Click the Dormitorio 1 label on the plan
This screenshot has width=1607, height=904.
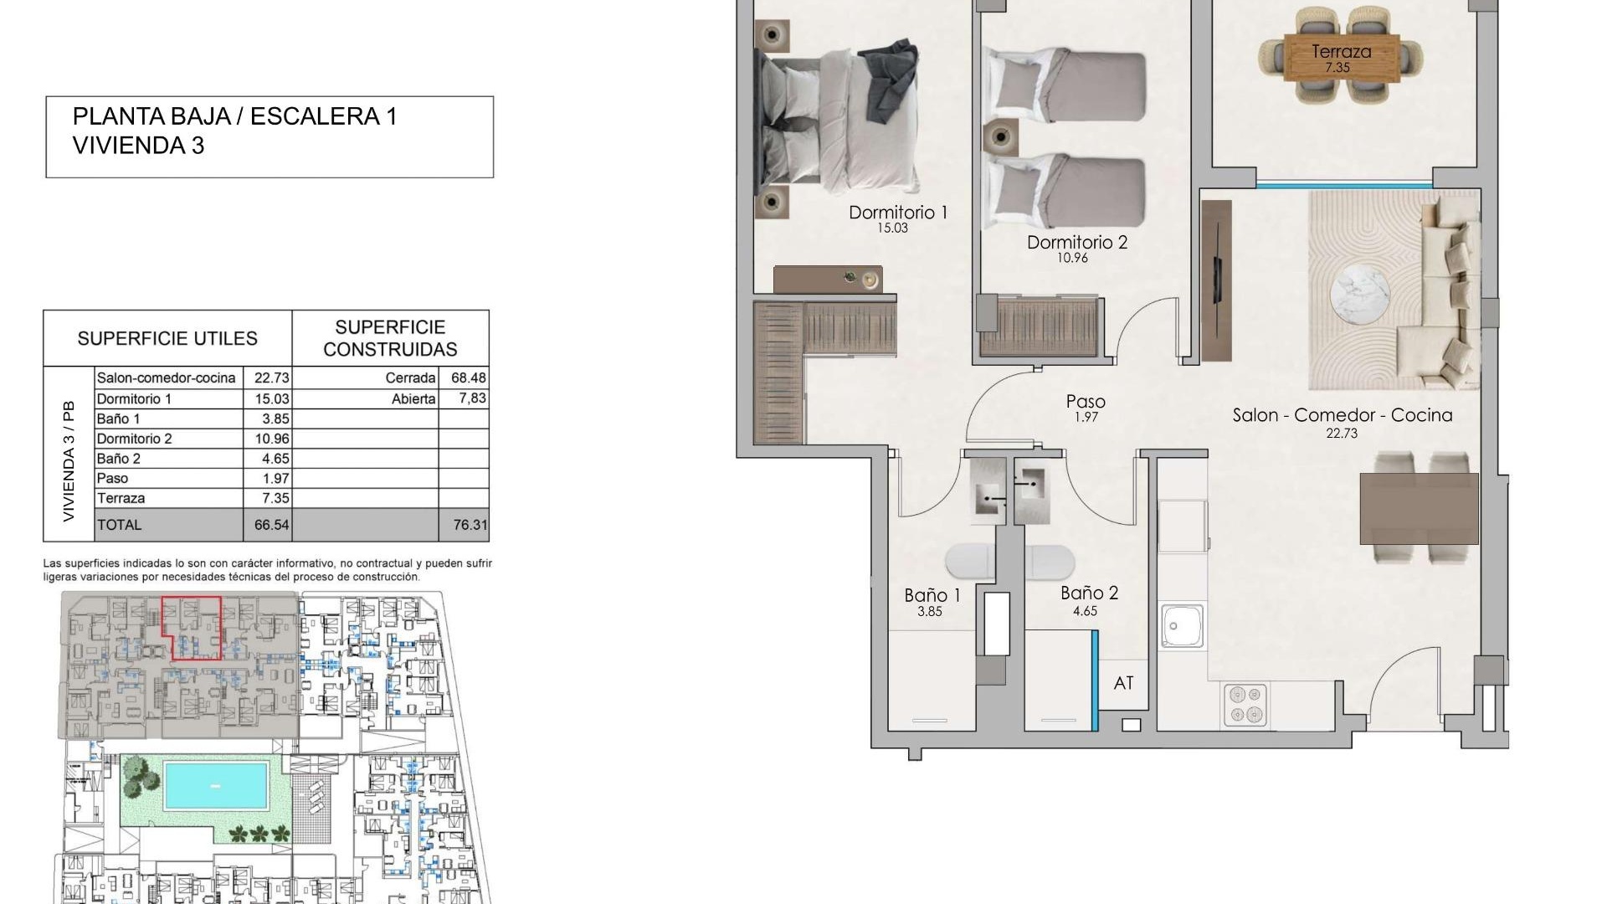tap(898, 213)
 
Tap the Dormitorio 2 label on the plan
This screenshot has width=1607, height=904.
tap(1077, 243)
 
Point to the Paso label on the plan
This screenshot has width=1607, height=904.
tap(1086, 402)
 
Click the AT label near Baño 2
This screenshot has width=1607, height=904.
tap(1123, 683)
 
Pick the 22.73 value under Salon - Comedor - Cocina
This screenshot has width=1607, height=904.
tap(1342, 433)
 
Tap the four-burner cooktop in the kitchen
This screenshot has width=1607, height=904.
tap(1245, 704)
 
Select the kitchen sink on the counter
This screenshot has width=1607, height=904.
tap(1183, 626)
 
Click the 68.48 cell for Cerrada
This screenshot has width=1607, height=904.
tap(469, 378)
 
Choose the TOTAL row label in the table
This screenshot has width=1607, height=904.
tap(120, 525)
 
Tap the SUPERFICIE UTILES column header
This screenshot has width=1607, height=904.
tap(167, 338)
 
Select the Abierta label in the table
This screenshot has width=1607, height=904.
tap(413, 399)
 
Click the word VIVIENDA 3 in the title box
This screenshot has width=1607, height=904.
tap(139, 146)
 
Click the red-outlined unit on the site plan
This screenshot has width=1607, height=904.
tap(191, 628)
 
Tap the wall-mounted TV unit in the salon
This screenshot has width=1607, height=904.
tap(1216, 280)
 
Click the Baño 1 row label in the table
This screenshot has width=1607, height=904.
tap(119, 419)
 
